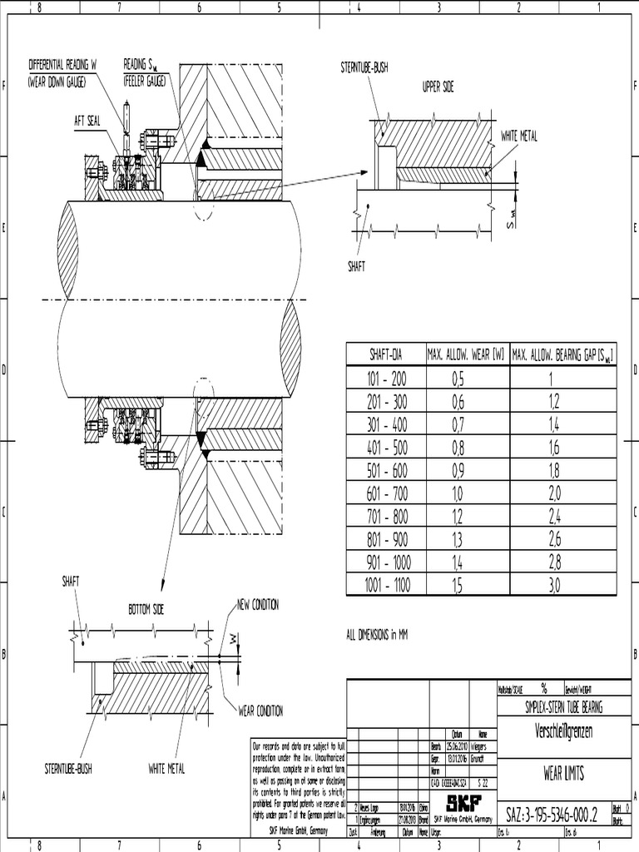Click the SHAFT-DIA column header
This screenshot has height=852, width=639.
[386, 354]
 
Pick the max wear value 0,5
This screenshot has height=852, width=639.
[458, 379]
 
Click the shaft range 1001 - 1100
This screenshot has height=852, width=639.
[386, 586]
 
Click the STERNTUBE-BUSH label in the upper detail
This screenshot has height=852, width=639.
[364, 67]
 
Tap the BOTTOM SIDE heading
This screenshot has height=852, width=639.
[146, 609]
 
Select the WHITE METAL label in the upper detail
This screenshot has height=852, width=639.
[521, 135]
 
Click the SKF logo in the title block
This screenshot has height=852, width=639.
[463, 804]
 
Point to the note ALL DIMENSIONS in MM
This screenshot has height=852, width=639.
[376, 635]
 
